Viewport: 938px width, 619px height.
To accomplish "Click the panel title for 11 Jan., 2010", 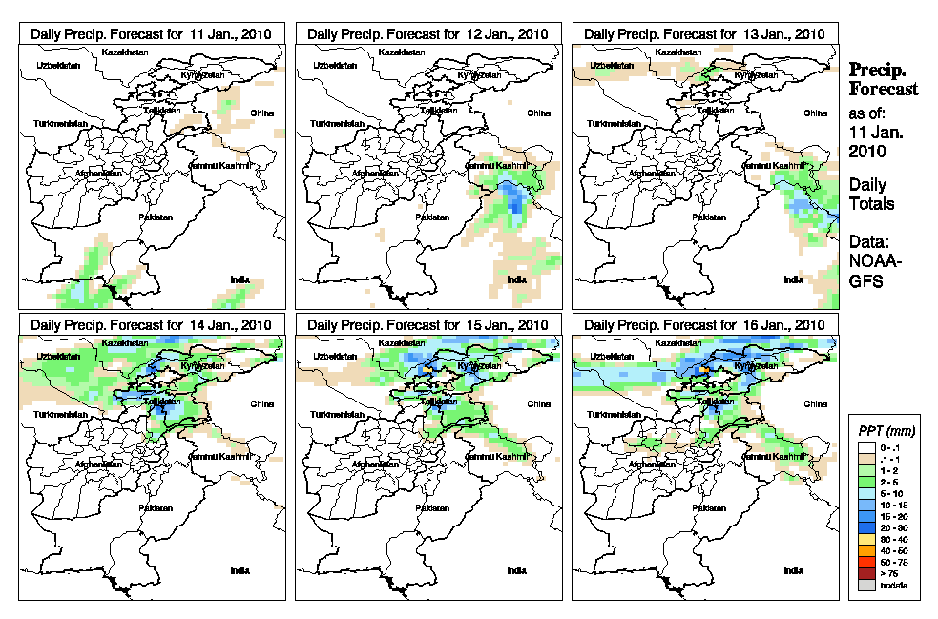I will coord(152,33).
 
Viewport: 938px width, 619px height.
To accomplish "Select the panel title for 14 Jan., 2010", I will coord(152,325).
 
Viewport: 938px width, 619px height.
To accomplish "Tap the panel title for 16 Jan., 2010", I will coord(705,325).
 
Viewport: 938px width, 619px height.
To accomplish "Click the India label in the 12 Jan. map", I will coord(515,279).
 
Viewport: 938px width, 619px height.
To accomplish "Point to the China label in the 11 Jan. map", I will coord(261,113).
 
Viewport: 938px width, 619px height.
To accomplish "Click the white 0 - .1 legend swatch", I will coord(866,447).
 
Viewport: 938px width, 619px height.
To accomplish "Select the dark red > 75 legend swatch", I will coord(866,573).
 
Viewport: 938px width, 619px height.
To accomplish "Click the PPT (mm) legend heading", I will coord(884,430).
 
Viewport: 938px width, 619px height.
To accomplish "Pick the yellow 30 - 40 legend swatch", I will coord(866,539).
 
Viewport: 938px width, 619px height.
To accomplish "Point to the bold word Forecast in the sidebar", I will coord(884,90).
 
